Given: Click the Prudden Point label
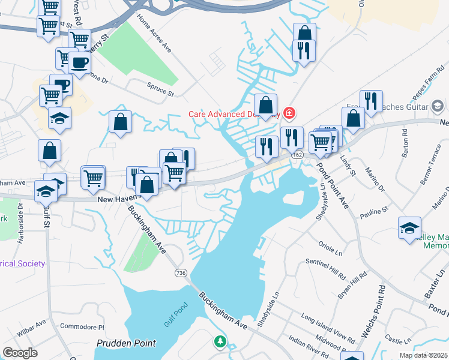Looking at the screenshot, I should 126,344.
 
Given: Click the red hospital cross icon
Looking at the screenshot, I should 289,113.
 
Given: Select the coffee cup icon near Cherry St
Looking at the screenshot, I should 79,62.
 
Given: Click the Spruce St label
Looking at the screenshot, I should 160,89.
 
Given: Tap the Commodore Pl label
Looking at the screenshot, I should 83,327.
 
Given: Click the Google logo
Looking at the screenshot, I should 20,353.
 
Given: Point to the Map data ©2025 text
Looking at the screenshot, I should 424,355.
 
